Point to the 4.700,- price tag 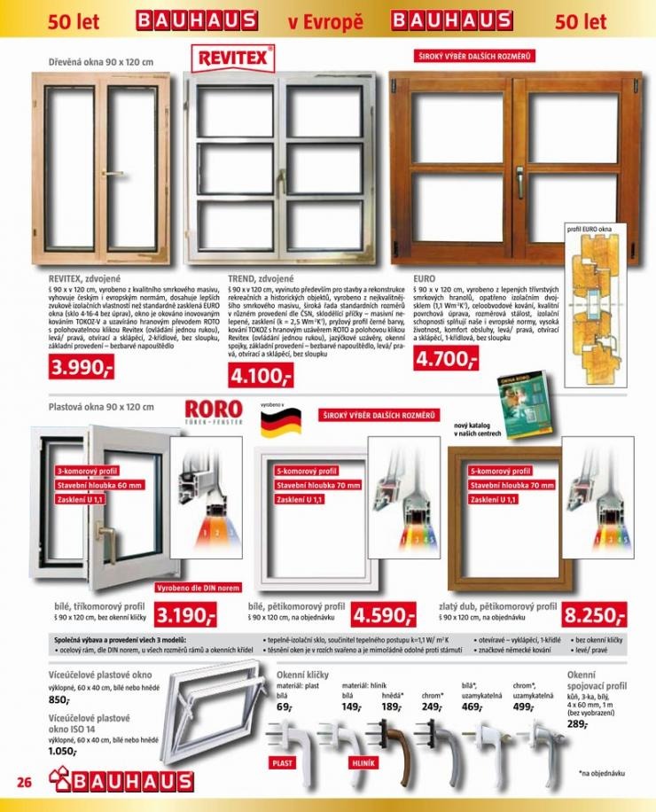[447, 359]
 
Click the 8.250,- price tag [595, 614]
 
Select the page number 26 [24, 782]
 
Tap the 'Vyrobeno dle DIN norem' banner [198, 589]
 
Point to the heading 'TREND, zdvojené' [262, 277]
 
